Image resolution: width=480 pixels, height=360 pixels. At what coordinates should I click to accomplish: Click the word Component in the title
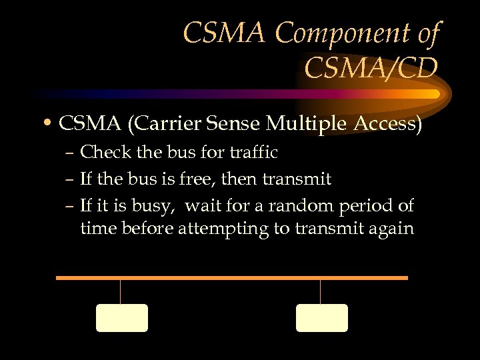(342, 33)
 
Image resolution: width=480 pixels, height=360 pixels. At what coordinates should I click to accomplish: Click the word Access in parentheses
(383, 124)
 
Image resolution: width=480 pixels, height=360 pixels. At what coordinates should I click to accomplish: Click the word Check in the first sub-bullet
(102, 153)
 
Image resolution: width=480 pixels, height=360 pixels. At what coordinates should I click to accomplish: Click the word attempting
(232, 229)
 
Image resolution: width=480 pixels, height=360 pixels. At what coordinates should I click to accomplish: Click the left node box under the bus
(121, 318)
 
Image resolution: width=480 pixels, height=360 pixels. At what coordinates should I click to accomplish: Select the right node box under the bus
(321, 318)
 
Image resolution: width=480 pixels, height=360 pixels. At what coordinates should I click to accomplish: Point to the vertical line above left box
(120, 291)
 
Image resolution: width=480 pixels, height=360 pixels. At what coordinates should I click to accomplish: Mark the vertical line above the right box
(320, 291)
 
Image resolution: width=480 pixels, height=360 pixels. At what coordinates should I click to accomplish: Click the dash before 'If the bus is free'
(71, 180)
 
